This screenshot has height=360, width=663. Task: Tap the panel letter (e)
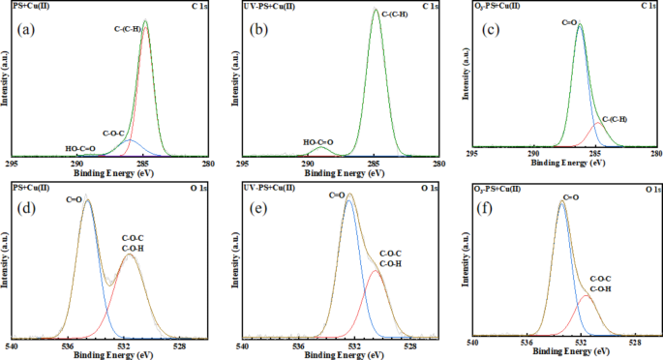tap(259, 210)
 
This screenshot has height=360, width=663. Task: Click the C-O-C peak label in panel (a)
tap(114, 133)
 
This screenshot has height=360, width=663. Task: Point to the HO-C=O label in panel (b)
tap(317, 143)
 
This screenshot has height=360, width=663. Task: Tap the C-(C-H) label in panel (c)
tap(614, 120)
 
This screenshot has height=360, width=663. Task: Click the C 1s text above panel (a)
tap(197, 6)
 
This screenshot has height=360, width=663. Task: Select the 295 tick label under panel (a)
tap(13, 165)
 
